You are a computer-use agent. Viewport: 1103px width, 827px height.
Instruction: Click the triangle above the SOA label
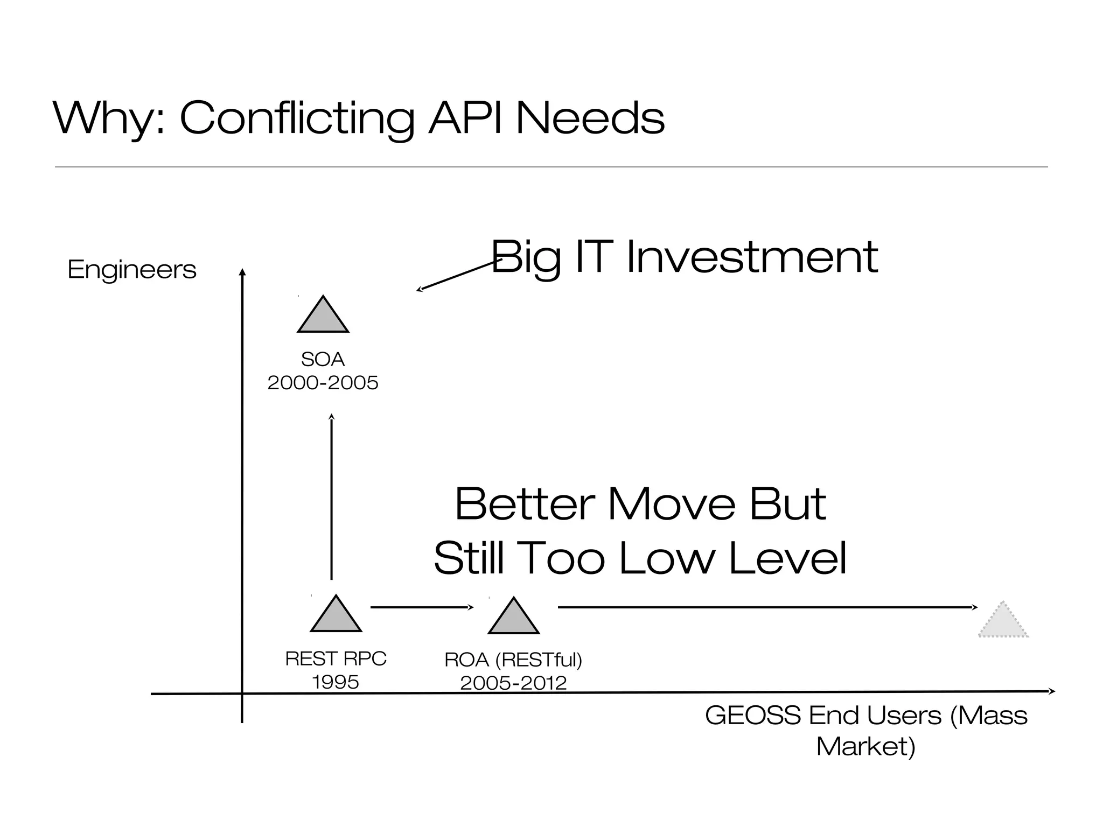pyautogui.click(x=323, y=318)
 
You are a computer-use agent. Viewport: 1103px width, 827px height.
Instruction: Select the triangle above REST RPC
pyautogui.click(x=336, y=616)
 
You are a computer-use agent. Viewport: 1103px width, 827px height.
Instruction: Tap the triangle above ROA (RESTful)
pyautogui.click(x=514, y=618)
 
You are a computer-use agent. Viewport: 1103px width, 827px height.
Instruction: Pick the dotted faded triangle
pyautogui.click(x=1003, y=622)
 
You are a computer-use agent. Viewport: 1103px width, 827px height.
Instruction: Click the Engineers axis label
pyautogui.click(x=132, y=269)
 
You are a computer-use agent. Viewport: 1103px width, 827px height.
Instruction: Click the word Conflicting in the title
pyautogui.click(x=297, y=118)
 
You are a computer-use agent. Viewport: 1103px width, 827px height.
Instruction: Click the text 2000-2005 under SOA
pyautogui.click(x=323, y=383)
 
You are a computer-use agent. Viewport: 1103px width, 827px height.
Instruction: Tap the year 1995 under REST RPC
pyautogui.click(x=336, y=682)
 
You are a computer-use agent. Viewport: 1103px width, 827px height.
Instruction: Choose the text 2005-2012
pyautogui.click(x=513, y=683)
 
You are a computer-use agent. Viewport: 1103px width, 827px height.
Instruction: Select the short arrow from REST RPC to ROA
pyautogui.click(x=422, y=607)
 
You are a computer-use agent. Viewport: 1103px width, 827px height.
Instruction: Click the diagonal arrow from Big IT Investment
pyautogui.click(x=458, y=276)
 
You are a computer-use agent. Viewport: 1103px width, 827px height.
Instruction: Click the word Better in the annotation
pyautogui.click(x=525, y=504)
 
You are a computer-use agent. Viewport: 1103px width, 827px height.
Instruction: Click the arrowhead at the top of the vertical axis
pyautogui.click(x=242, y=272)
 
